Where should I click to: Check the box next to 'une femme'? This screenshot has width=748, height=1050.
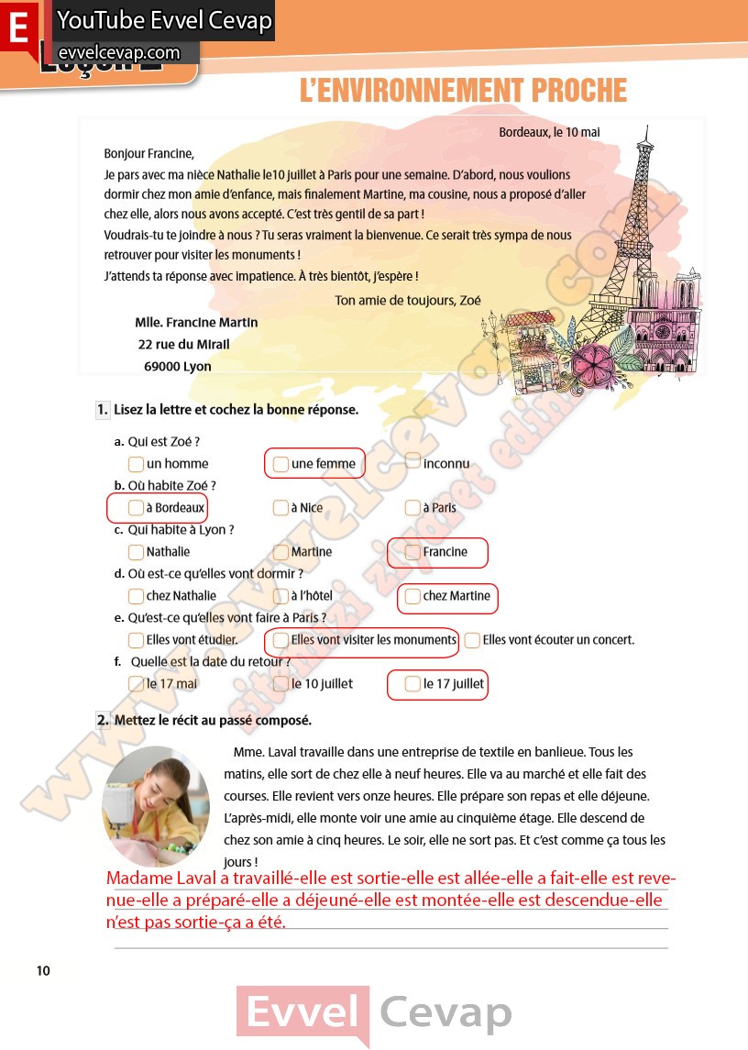[280, 464]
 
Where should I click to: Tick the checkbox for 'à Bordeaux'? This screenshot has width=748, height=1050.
[136, 508]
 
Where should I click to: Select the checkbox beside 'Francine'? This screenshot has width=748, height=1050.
[412, 552]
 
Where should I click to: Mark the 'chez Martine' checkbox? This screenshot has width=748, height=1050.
[412, 596]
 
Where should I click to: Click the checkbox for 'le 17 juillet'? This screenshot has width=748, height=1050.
[412, 684]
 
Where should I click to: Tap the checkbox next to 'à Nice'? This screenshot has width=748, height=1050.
[280, 508]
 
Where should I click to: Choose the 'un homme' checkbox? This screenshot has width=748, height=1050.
[136, 464]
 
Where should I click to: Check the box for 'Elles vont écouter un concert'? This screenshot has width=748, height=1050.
[472, 640]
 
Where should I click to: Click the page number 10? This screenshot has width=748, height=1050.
[44, 971]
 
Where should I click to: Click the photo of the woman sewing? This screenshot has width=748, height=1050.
[156, 805]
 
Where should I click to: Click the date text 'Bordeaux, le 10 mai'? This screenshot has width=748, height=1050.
[549, 132]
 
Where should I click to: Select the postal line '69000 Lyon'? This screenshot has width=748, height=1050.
[178, 366]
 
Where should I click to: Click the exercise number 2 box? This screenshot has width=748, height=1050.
[103, 720]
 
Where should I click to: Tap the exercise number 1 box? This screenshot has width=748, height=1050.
[103, 410]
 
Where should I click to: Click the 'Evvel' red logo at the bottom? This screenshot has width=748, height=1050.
[302, 1014]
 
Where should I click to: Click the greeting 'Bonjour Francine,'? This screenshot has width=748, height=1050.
[149, 153]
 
